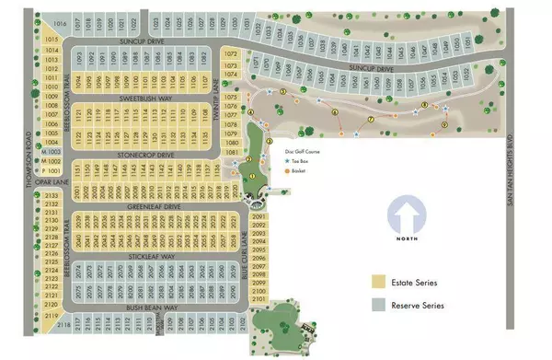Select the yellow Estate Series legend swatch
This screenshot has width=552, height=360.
(378, 282)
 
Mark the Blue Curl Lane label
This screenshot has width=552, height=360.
(246, 249)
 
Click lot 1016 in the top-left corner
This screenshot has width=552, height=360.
(62, 20)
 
